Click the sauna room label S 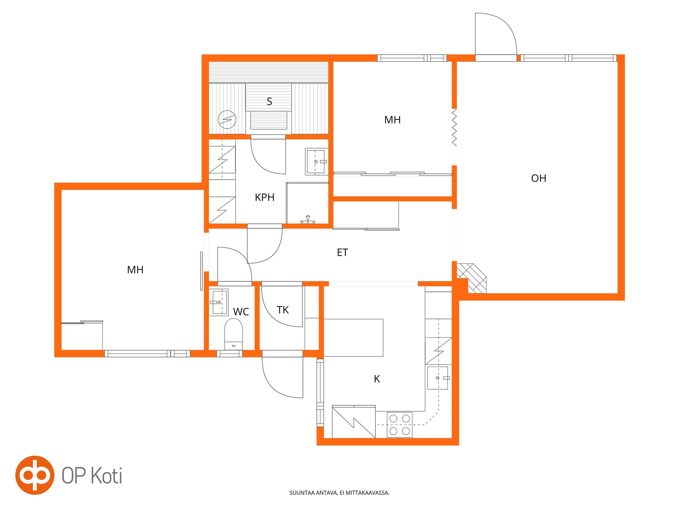(x=269, y=101)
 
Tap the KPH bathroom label (x=265, y=197)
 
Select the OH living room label (x=539, y=178)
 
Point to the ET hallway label (x=343, y=252)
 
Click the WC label (x=241, y=312)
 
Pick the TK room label (x=283, y=310)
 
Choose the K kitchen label (x=377, y=379)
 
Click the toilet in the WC (x=233, y=334)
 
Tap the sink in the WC (x=218, y=302)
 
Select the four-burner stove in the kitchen (x=400, y=425)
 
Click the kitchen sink (x=438, y=378)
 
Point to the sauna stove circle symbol (x=227, y=120)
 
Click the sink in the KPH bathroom (x=316, y=161)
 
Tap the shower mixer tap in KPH (x=308, y=220)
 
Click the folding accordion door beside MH (x=454, y=127)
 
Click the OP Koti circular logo (x=35, y=475)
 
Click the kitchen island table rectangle (x=353, y=338)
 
